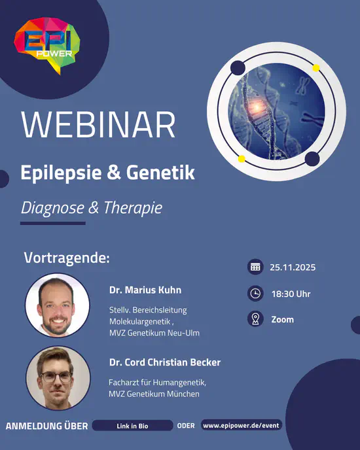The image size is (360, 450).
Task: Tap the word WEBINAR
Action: [99, 125]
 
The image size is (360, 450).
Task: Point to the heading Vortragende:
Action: [66, 257]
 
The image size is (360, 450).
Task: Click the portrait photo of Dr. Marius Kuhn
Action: [58, 305]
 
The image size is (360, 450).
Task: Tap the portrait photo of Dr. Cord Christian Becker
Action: [58, 377]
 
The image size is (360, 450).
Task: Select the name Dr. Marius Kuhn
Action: [145, 290]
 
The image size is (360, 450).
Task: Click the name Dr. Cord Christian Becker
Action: [164, 362]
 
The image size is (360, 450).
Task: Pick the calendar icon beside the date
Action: [255, 267]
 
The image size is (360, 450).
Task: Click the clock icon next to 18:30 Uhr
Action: [255, 294]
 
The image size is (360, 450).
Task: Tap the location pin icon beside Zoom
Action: [255, 319]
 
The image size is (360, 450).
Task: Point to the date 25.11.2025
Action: [292, 268]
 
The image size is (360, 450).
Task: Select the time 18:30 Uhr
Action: [291, 294]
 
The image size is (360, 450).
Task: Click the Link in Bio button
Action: [132, 426]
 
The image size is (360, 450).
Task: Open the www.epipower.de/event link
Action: [241, 425]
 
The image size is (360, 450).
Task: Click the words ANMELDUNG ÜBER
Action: [46, 426]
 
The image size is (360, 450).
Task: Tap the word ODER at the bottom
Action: [186, 426]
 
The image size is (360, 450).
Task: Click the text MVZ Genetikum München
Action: [154, 394]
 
